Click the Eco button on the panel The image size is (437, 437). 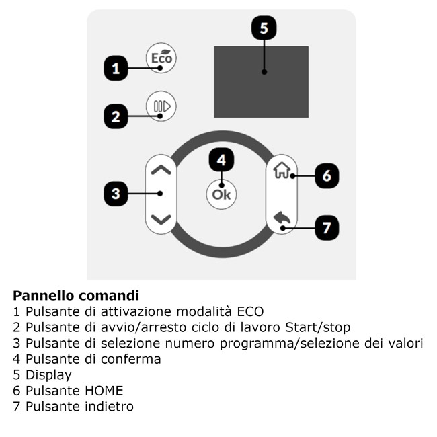[x=161, y=58]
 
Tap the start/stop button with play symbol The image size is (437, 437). [x=161, y=106]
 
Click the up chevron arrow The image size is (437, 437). [x=161, y=169]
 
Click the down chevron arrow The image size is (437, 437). [x=161, y=219]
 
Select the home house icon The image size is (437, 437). [x=282, y=170]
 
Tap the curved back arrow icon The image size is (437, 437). [x=282, y=218]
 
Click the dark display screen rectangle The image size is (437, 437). [x=261, y=82]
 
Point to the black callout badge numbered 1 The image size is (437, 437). [x=116, y=69]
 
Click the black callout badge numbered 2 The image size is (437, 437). [x=116, y=116]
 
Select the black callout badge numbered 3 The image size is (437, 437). [x=116, y=194]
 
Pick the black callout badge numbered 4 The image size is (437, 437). [x=222, y=160]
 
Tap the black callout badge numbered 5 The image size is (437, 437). [x=264, y=28]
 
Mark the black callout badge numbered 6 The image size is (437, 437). [x=327, y=176]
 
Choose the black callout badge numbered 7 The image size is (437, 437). [x=327, y=228]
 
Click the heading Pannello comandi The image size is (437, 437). [x=76, y=296]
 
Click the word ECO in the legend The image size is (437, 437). [x=250, y=311]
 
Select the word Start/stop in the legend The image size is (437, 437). [x=318, y=327]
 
